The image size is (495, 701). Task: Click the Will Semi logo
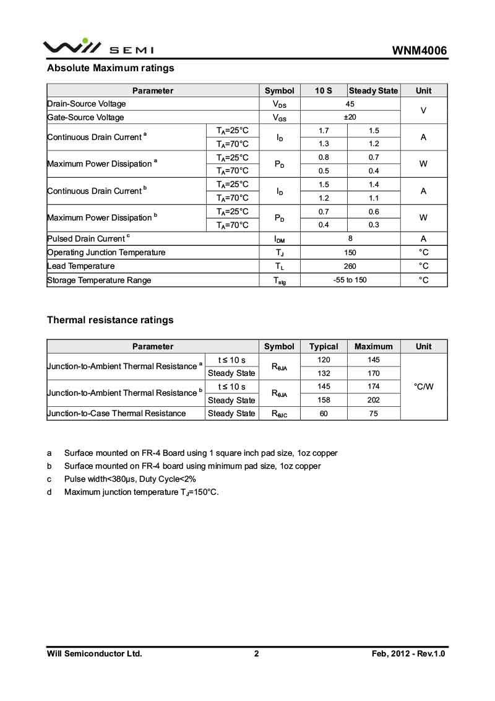click(x=98, y=47)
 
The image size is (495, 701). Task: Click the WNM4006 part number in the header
click(x=419, y=51)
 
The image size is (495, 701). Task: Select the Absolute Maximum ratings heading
click(x=111, y=68)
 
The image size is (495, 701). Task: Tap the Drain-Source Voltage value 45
click(x=350, y=104)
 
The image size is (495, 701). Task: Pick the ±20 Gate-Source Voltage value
click(x=350, y=118)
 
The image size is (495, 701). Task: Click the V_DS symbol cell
click(x=280, y=104)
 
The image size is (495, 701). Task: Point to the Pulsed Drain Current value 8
click(x=350, y=238)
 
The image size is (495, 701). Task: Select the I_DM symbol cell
click(x=280, y=239)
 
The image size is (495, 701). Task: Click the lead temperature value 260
click(x=350, y=266)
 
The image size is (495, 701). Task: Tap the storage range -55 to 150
click(x=350, y=280)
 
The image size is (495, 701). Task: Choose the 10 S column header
click(x=324, y=90)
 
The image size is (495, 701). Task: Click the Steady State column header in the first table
click(x=374, y=90)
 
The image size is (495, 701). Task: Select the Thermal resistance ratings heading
click(x=110, y=320)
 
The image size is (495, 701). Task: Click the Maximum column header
click(x=374, y=346)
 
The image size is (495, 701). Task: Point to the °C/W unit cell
click(x=424, y=386)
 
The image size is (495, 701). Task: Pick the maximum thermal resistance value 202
click(x=374, y=400)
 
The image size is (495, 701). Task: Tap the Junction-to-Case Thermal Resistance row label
click(x=117, y=413)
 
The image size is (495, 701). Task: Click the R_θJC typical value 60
click(x=324, y=414)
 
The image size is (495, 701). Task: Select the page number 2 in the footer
click(x=256, y=653)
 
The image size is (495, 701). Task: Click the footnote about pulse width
click(x=130, y=479)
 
